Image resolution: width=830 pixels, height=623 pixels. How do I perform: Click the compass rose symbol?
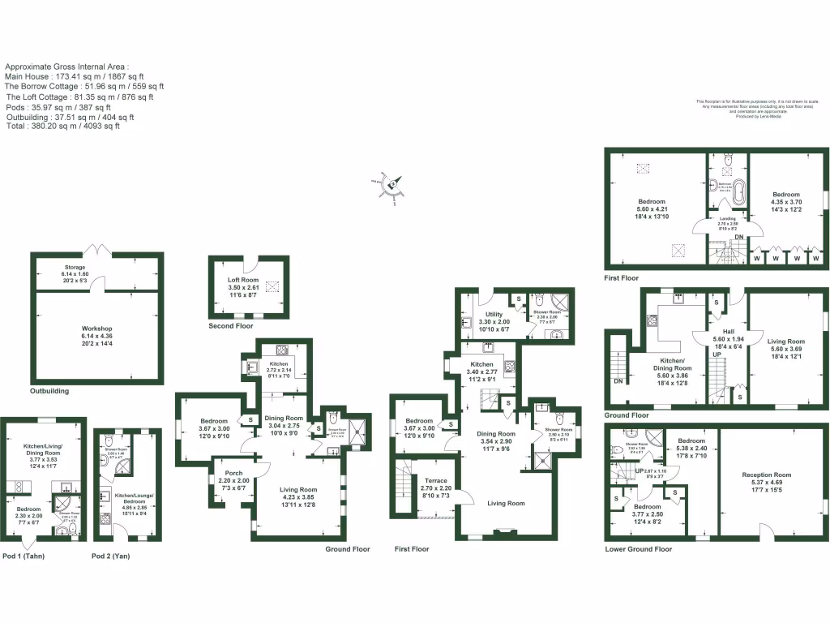[391, 184]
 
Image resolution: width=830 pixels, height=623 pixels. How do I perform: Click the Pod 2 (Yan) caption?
[110, 556]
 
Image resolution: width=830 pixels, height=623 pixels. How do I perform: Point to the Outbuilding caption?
[49, 391]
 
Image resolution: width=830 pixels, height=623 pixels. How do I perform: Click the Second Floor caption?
[230, 326]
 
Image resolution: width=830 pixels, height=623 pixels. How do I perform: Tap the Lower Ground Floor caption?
[639, 549]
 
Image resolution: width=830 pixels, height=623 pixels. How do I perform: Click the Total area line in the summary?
[62, 126]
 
